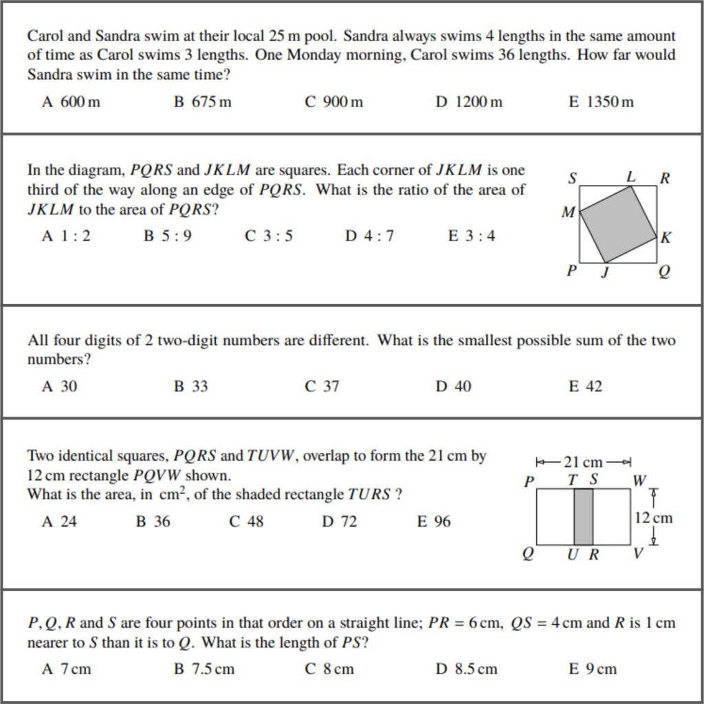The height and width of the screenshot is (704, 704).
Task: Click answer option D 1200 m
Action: [x=469, y=102]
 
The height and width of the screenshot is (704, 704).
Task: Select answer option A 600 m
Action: [x=71, y=102]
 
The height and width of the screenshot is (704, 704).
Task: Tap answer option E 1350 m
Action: [x=601, y=102]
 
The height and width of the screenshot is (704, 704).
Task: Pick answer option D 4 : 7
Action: [x=369, y=236]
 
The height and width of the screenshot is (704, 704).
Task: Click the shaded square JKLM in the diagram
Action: [x=618, y=223]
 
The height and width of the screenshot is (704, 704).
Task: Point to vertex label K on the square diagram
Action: [x=665, y=238]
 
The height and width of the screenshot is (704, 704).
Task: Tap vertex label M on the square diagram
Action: [x=568, y=213]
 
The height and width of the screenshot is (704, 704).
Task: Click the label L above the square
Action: [x=630, y=177]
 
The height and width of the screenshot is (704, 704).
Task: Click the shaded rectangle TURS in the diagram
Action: [x=583, y=516]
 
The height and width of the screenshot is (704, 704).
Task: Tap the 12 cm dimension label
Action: [x=653, y=518]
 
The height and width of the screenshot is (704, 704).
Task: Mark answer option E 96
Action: [x=434, y=522]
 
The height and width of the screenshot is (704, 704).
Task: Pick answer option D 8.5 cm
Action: [x=466, y=669]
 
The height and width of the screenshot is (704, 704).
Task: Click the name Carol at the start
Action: [x=45, y=36]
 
